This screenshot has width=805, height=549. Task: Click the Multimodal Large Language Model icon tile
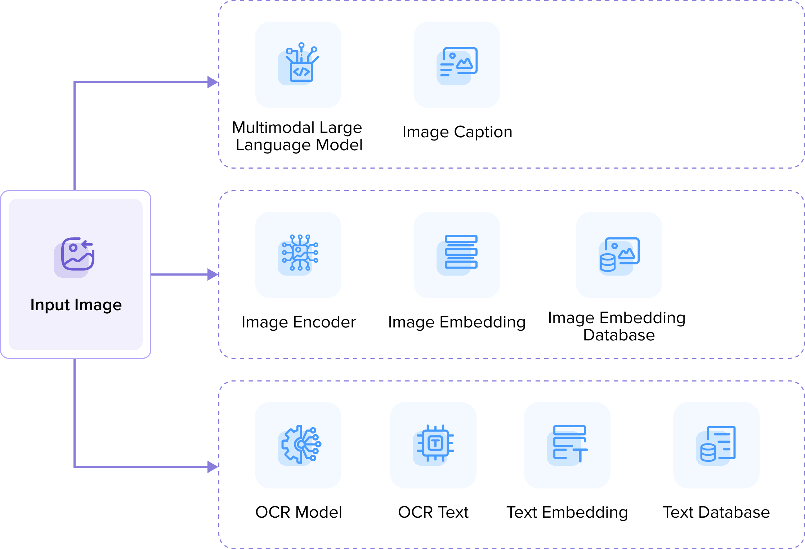click(298, 65)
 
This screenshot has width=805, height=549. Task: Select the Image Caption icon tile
click(457, 65)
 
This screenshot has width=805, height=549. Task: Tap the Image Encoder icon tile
click(298, 255)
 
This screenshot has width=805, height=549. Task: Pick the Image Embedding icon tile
click(457, 255)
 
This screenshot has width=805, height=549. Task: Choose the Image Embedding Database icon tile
click(619, 255)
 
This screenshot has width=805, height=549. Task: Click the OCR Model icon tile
click(298, 445)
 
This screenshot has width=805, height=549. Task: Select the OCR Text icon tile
click(433, 445)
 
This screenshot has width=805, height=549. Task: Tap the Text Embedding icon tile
click(567, 445)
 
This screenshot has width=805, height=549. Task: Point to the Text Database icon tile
click(716, 445)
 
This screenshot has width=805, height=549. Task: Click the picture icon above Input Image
click(75, 257)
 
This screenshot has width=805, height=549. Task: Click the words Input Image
click(76, 305)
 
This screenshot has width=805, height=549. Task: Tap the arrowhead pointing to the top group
click(213, 82)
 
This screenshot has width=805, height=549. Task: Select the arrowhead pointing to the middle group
click(213, 274)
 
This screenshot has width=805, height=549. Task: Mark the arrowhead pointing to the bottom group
click(213, 467)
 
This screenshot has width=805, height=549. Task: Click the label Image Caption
click(457, 132)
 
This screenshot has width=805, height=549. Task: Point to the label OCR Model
click(299, 512)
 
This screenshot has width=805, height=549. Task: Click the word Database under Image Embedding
click(619, 335)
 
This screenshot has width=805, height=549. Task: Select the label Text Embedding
click(567, 512)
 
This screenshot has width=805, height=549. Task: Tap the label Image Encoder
click(299, 322)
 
